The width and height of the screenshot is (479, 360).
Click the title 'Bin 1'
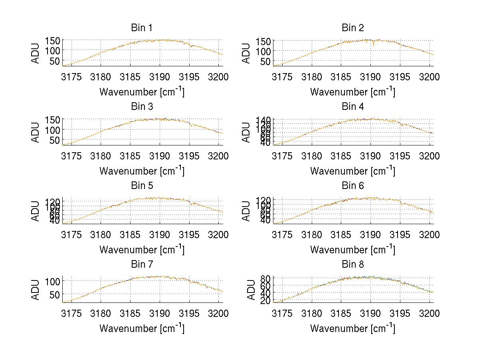click(142, 28)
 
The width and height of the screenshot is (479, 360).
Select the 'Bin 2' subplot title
click(352, 28)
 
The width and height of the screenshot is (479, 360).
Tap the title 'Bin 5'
click(142, 186)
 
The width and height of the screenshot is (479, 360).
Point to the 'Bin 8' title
click(352, 265)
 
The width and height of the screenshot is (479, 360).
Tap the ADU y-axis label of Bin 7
click(36, 290)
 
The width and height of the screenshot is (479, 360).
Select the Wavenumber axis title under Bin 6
click(352, 250)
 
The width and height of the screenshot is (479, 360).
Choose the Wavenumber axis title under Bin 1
click(142, 92)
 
